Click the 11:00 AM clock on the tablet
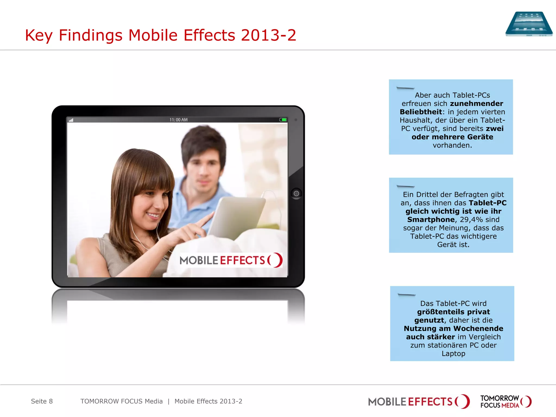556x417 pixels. (x=178, y=120)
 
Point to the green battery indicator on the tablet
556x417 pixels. (x=283, y=120)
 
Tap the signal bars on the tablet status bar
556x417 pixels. (x=71, y=120)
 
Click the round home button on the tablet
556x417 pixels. (x=296, y=194)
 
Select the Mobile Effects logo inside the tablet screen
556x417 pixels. (x=231, y=260)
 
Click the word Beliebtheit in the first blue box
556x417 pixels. (x=421, y=112)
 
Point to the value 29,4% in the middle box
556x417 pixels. (x=471, y=219)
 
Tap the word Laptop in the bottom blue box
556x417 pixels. (x=453, y=353)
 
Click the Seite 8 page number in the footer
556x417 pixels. (x=42, y=401)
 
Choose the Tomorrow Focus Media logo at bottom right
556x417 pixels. (x=506, y=402)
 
